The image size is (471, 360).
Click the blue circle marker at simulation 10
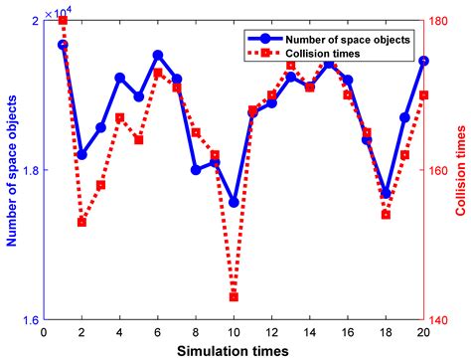234,202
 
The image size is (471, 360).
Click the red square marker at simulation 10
234,296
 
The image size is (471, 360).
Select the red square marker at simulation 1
63,20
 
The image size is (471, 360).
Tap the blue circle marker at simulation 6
158,55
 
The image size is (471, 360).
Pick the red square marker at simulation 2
81,222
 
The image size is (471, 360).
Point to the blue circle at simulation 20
424,61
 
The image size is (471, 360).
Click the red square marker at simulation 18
387,215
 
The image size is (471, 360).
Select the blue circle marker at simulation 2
81,155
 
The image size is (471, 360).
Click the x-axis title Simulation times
234,351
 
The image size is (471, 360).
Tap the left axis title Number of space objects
11,170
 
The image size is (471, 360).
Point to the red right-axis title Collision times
461,170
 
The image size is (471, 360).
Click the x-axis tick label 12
271,334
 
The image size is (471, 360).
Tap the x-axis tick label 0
44,334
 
